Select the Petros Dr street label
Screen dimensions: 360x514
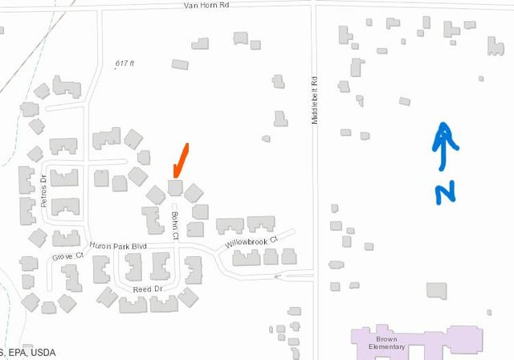tap(43, 190)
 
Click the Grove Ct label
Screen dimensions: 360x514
tap(68, 257)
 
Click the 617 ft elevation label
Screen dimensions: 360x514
tap(124, 63)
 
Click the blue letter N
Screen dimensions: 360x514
tap(445, 192)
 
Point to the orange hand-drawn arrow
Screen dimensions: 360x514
tap(181, 161)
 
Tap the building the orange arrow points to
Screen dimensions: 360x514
tap(175, 188)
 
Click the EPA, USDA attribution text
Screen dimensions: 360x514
tap(27, 353)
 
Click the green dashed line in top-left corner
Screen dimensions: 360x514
tap(18, 36)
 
